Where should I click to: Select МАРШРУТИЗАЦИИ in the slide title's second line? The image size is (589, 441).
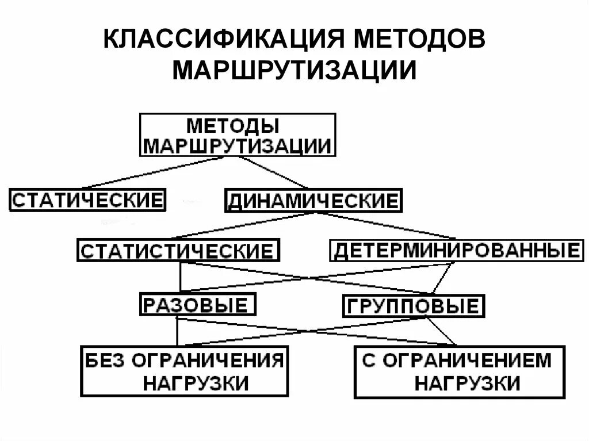tap(294, 70)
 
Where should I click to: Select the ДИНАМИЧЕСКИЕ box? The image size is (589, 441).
tap(313, 201)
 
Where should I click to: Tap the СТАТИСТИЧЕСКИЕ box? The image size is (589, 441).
tap(178, 251)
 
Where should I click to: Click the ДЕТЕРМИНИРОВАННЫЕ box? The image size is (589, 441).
tap(456, 251)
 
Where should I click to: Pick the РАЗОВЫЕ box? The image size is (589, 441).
tap(198, 305)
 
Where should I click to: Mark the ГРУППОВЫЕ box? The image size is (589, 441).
tap(414, 305)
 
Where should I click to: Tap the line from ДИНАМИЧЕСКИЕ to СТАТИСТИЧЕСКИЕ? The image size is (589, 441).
tap(242, 226)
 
